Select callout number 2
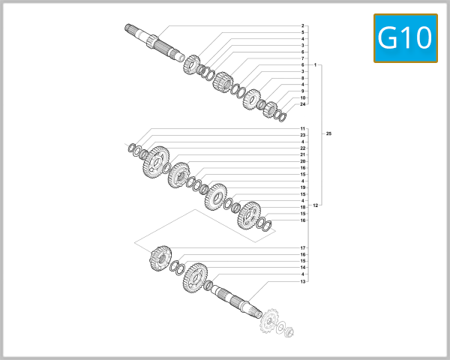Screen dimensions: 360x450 point(303,26)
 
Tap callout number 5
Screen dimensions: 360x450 point(303,33)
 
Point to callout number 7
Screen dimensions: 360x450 point(303,58)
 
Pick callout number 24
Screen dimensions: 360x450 point(303,104)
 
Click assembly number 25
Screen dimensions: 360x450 point(328,133)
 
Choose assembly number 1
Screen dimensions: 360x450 point(316,65)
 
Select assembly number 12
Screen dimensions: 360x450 point(316,205)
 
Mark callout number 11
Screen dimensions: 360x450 point(303,129)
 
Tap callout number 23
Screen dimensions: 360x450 point(303,135)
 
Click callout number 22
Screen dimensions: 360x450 point(303,148)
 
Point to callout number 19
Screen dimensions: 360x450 point(303,187)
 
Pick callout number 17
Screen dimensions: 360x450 point(303,247)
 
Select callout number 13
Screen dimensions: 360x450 point(303,281)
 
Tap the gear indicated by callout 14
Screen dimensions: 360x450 point(195,277)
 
